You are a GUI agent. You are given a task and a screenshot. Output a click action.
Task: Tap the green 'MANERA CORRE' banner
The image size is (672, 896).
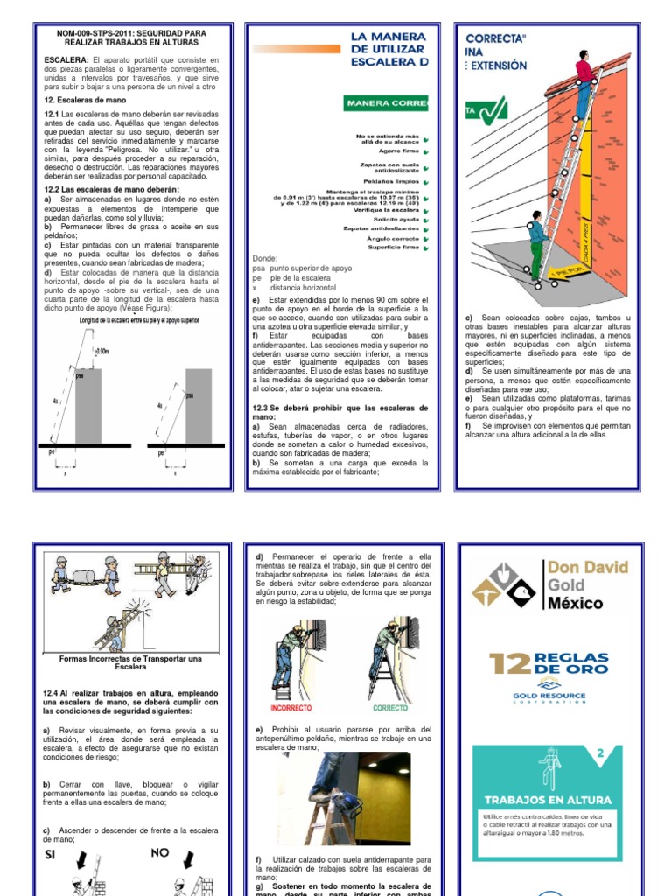386,103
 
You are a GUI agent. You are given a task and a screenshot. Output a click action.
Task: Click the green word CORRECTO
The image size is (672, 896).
390,708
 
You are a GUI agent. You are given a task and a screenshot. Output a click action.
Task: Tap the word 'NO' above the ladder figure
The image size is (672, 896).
159,851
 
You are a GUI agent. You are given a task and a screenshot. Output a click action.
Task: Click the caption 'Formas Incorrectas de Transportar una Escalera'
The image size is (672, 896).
130,662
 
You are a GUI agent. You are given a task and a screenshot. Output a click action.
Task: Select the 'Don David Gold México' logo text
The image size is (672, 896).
586,585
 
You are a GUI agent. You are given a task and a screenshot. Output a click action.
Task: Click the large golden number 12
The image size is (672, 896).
509,666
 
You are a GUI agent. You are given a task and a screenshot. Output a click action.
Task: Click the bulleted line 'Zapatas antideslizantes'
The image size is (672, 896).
381,228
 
